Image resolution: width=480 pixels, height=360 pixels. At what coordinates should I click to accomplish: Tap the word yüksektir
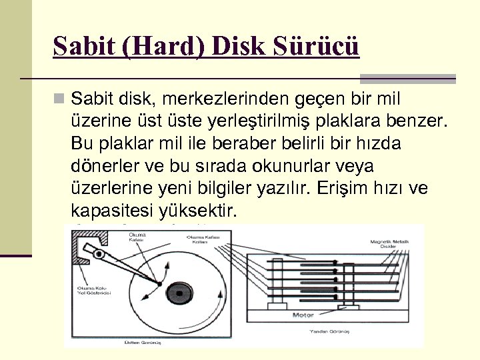pos(198,211)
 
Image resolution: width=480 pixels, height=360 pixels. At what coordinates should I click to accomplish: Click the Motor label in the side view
pos(303,314)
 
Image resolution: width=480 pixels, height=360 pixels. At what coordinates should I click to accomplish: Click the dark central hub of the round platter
pos(179,291)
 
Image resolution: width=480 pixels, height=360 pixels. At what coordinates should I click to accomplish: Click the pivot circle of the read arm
pos(101,254)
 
